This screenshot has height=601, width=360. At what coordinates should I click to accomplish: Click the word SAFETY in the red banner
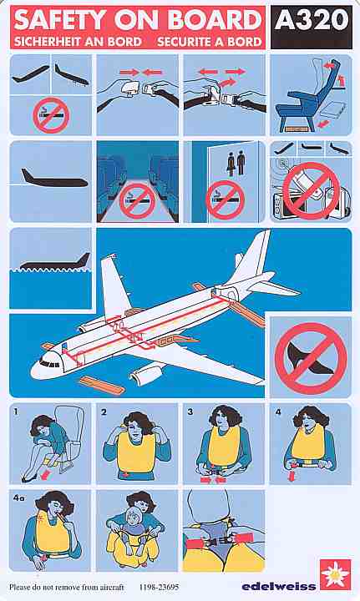click(59, 19)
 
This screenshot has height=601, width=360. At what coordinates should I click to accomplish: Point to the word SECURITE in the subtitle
click(185, 42)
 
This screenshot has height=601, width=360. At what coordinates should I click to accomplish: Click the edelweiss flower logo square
click(335, 574)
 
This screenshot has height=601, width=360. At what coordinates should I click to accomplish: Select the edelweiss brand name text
click(279, 586)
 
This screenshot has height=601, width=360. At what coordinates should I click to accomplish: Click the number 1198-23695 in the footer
click(159, 587)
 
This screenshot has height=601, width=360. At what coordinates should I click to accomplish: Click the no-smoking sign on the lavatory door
click(225, 199)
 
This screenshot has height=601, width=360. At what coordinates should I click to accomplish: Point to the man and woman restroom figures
click(236, 163)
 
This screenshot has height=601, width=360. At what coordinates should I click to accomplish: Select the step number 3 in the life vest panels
click(190, 412)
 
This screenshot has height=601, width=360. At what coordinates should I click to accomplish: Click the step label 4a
click(18, 497)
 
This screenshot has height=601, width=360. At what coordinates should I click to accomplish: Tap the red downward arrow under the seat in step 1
click(46, 475)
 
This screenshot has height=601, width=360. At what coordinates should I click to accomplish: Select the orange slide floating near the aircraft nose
click(102, 385)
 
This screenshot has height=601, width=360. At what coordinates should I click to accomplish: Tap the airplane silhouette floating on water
click(55, 262)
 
